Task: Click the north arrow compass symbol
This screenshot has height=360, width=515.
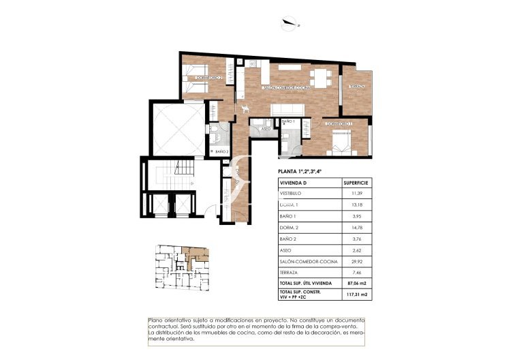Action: (290, 25)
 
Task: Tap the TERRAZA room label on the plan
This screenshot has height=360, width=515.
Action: (358, 87)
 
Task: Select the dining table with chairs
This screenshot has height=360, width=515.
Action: (317, 76)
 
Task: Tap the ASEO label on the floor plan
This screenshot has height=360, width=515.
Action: (266, 128)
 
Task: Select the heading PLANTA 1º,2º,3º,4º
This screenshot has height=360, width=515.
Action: (309, 172)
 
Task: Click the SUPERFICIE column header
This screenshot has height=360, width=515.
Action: (356, 183)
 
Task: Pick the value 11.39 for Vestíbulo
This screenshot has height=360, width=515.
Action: (356, 194)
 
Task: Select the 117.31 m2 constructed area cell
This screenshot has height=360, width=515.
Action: (356, 295)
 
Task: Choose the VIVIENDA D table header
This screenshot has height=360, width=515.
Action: (294, 183)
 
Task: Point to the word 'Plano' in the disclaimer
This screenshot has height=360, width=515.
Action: (156, 320)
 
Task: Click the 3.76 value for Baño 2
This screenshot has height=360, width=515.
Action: (356, 238)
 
